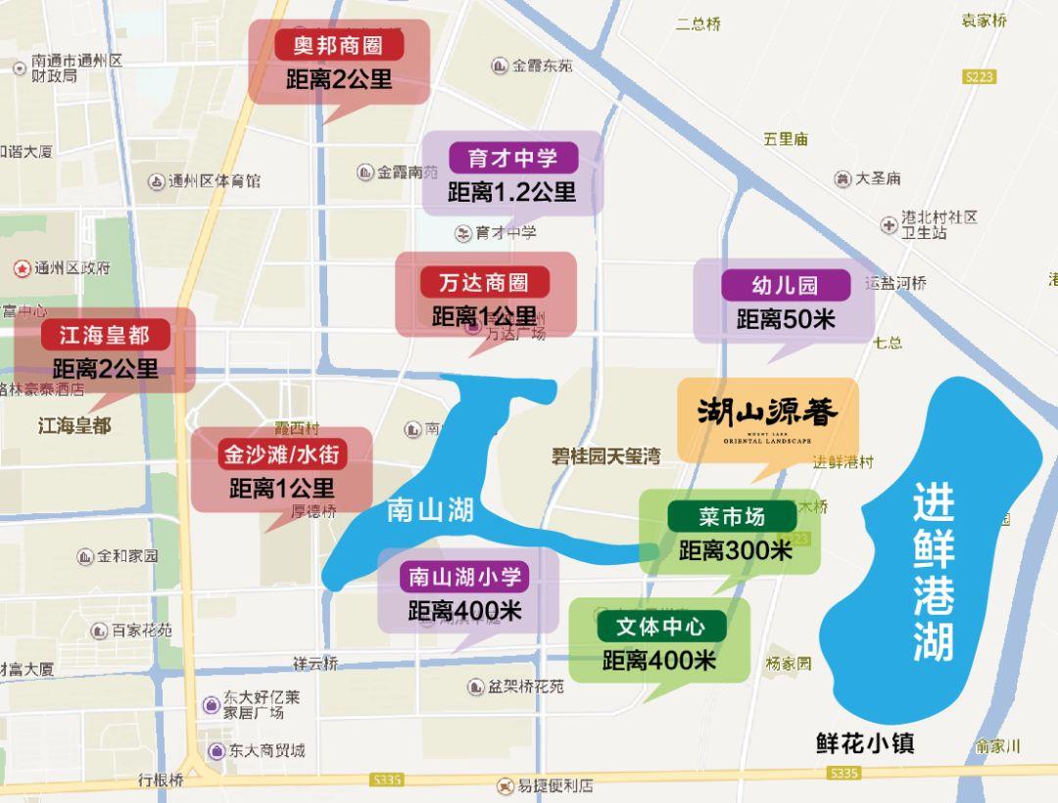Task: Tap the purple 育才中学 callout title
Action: pyautogui.click(x=512, y=158)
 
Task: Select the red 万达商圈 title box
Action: pyautogui.click(x=485, y=283)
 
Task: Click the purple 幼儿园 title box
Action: pyautogui.click(x=784, y=286)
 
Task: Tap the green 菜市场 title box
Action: pyautogui.click(x=731, y=516)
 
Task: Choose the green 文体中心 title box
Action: pyautogui.click(x=662, y=627)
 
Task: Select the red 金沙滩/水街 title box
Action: pyautogui.click(x=282, y=454)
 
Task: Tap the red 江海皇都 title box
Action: pyautogui.click(x=105, y=335)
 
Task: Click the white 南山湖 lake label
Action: pyautogui.click(x=430, y=510)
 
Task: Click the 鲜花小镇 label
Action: pyautogui.click(x=865, y=743)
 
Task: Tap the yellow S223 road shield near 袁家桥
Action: pyautogui.click(x=980, y=77)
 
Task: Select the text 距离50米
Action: pyautogui.click(x=785, y=319)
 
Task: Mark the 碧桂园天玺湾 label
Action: pyautogui.click(x=604, y=455)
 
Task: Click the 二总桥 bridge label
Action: pyautogui.click(x=697, y=24)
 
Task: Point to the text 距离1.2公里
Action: pyautogui.click(x=511, y=192)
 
